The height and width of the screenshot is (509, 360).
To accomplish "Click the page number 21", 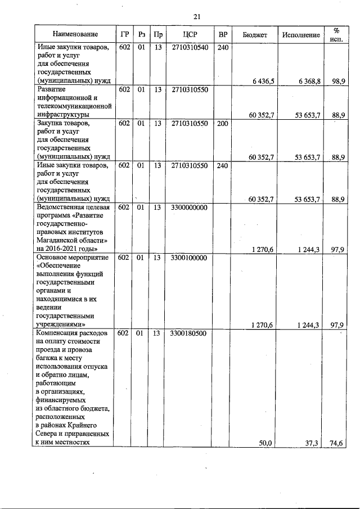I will coord(196,16).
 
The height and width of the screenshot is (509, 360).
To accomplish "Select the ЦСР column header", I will coord(190,35).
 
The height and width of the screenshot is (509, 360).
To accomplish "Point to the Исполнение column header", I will coord(301,35).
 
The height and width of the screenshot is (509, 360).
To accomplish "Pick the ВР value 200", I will coord(222,123).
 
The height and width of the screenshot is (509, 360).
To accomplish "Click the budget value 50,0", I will coord(265,443).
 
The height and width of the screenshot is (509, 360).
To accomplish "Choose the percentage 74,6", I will coord(337,443).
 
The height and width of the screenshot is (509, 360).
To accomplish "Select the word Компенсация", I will coord(58,334).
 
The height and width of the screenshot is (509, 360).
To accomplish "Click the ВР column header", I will coord(222,35).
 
